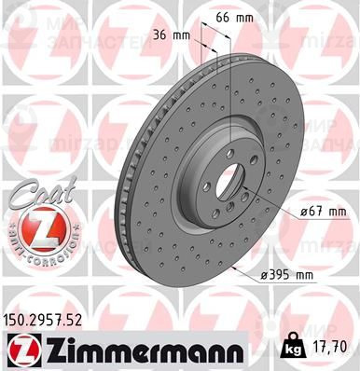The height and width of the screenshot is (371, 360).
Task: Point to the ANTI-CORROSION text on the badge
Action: (x=36, y=253)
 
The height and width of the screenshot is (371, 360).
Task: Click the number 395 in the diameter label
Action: (x=277, y=276)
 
